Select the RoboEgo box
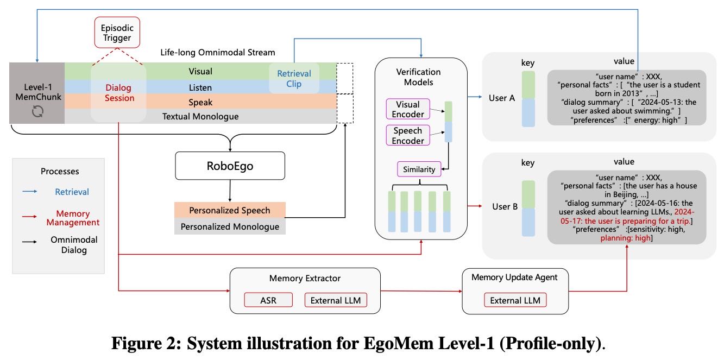[230, 166]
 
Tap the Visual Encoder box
[407, 109]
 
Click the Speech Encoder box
[407, 135]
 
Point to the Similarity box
[419, 169]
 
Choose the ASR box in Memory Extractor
[268, 299]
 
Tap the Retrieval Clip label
[294, 78]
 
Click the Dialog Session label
[118, 93]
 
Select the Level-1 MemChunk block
[37, 93]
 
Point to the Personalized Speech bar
[229, 210]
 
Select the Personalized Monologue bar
[229, 226]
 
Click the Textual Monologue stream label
[200, 116]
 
